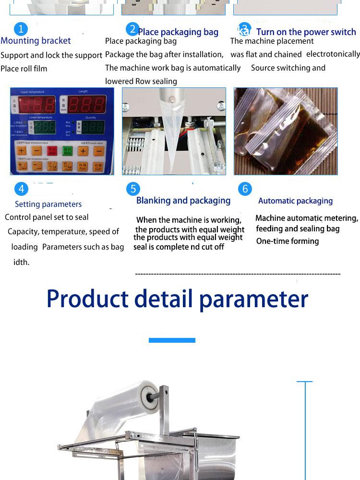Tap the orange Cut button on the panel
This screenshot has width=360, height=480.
click(98, 166)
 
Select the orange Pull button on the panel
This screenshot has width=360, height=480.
click(83, 166)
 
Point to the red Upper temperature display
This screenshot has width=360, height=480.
click(36, 105)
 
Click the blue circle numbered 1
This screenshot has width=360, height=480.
click(21, 29)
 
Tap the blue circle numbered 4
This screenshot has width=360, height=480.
click(21, 189)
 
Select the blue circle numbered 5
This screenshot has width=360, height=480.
click(133, 189)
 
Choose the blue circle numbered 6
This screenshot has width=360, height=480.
click(245, 189)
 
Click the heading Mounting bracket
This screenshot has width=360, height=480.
click(36, 41)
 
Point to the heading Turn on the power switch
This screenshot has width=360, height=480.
click(306, 32)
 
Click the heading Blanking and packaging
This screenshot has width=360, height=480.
click(183, 201)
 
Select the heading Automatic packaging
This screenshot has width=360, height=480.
click(295, 201)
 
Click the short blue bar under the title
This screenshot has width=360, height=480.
click(172, 340)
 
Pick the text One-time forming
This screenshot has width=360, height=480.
click(288, 241)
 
